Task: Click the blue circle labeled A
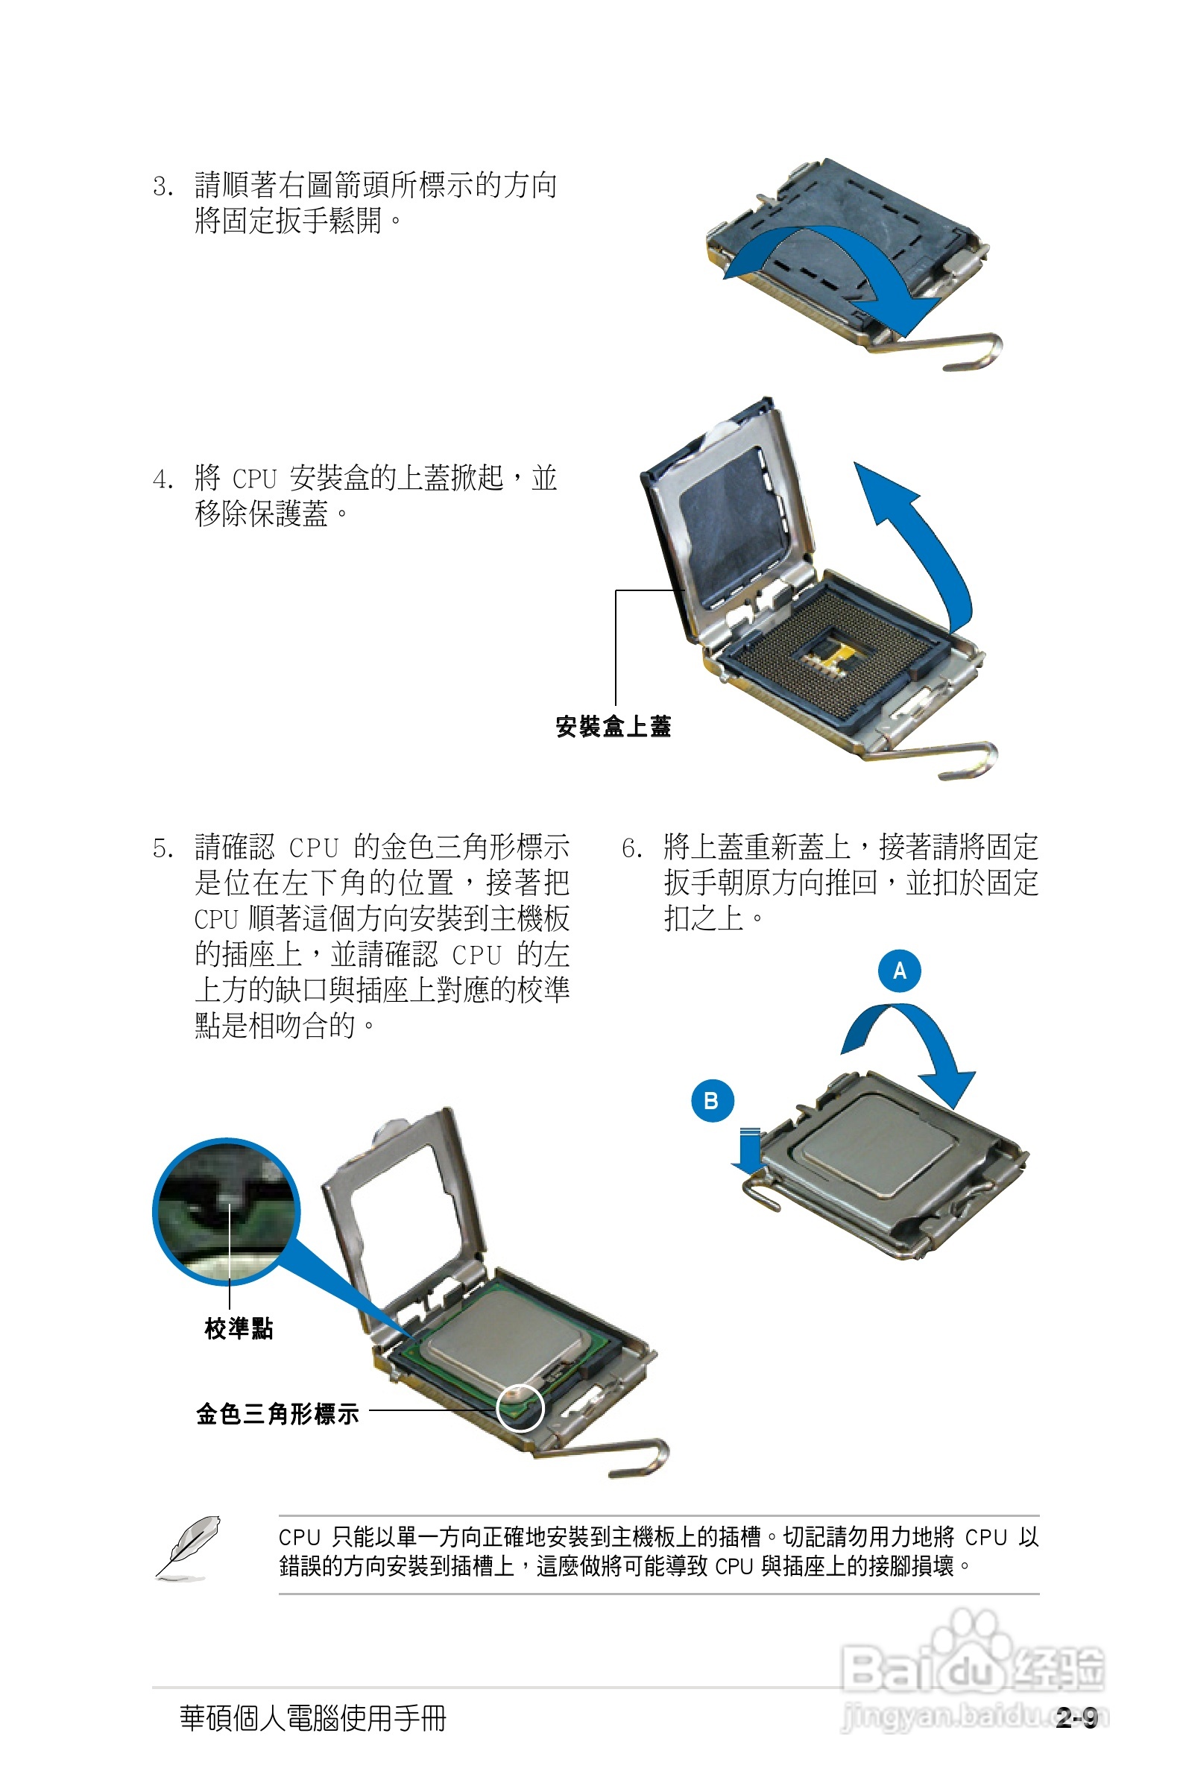tap(898, 970)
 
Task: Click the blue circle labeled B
tap(711, 1100)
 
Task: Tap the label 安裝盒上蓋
tap(613, 726)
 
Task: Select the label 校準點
tap(239, 1328)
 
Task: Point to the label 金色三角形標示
tap(277, 1413)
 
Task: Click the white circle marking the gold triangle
tap(520, 1407)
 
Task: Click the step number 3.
tap(163, 186)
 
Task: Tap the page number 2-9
tap(1076, 1719)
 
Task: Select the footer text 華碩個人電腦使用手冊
tap(313, 1719)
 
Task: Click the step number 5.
tap(163, 848)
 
